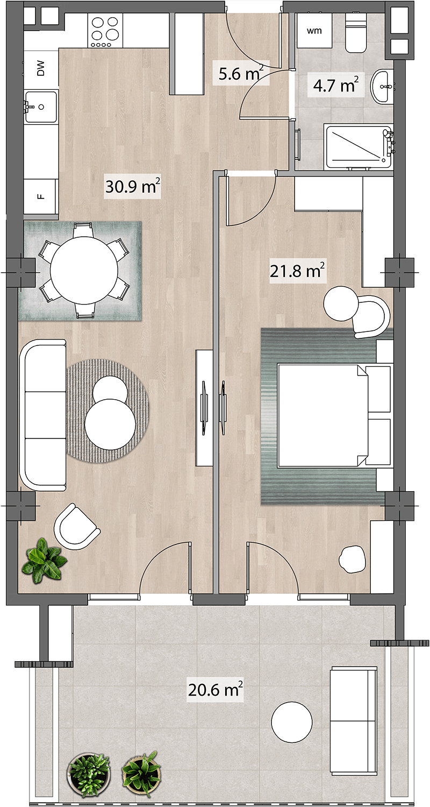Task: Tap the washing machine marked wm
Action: coord(314,31)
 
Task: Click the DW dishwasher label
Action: coord(41,68)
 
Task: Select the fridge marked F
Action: coord(41,197)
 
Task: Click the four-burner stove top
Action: coord(105,31)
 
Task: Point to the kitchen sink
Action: coord(41,107)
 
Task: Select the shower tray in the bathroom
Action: coord(359,147)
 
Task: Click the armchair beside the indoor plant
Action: coord(77,526)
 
